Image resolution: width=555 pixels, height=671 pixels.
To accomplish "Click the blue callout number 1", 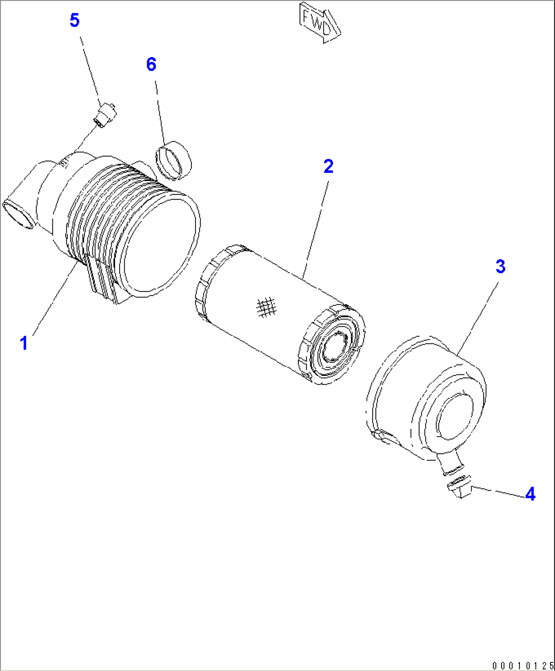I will pyautogui.click(x=24, y=343).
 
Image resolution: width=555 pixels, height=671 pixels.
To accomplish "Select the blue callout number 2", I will pyautogui.click(x=328, y=166).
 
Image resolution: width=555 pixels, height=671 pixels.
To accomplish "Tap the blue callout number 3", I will pyautogui.click(x=501, y=266).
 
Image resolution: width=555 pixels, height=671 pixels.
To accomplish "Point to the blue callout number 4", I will pyautogui.click(x=530, y=494).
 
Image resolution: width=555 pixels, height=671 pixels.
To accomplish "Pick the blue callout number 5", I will pyautogui.click(x=74, y=21).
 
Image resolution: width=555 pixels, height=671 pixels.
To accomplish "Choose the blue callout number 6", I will pyautogui.click(x=151, y=65).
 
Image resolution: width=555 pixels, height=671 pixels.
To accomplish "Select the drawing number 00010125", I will pyautogui.click(x=522, y=665).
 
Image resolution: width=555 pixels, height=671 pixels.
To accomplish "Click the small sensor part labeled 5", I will pyautogui.click(x=106, y=114).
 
